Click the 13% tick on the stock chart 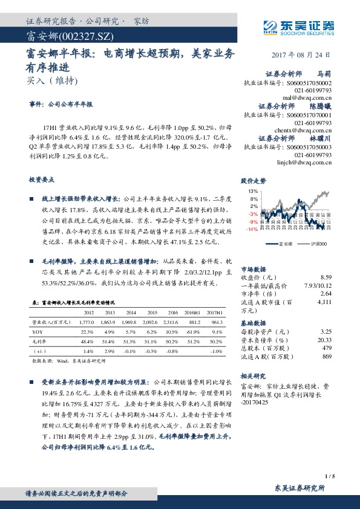pos(252,191)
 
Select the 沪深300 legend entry pos(317,244)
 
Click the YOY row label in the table pos(38,332)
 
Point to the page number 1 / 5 pos(329,476)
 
